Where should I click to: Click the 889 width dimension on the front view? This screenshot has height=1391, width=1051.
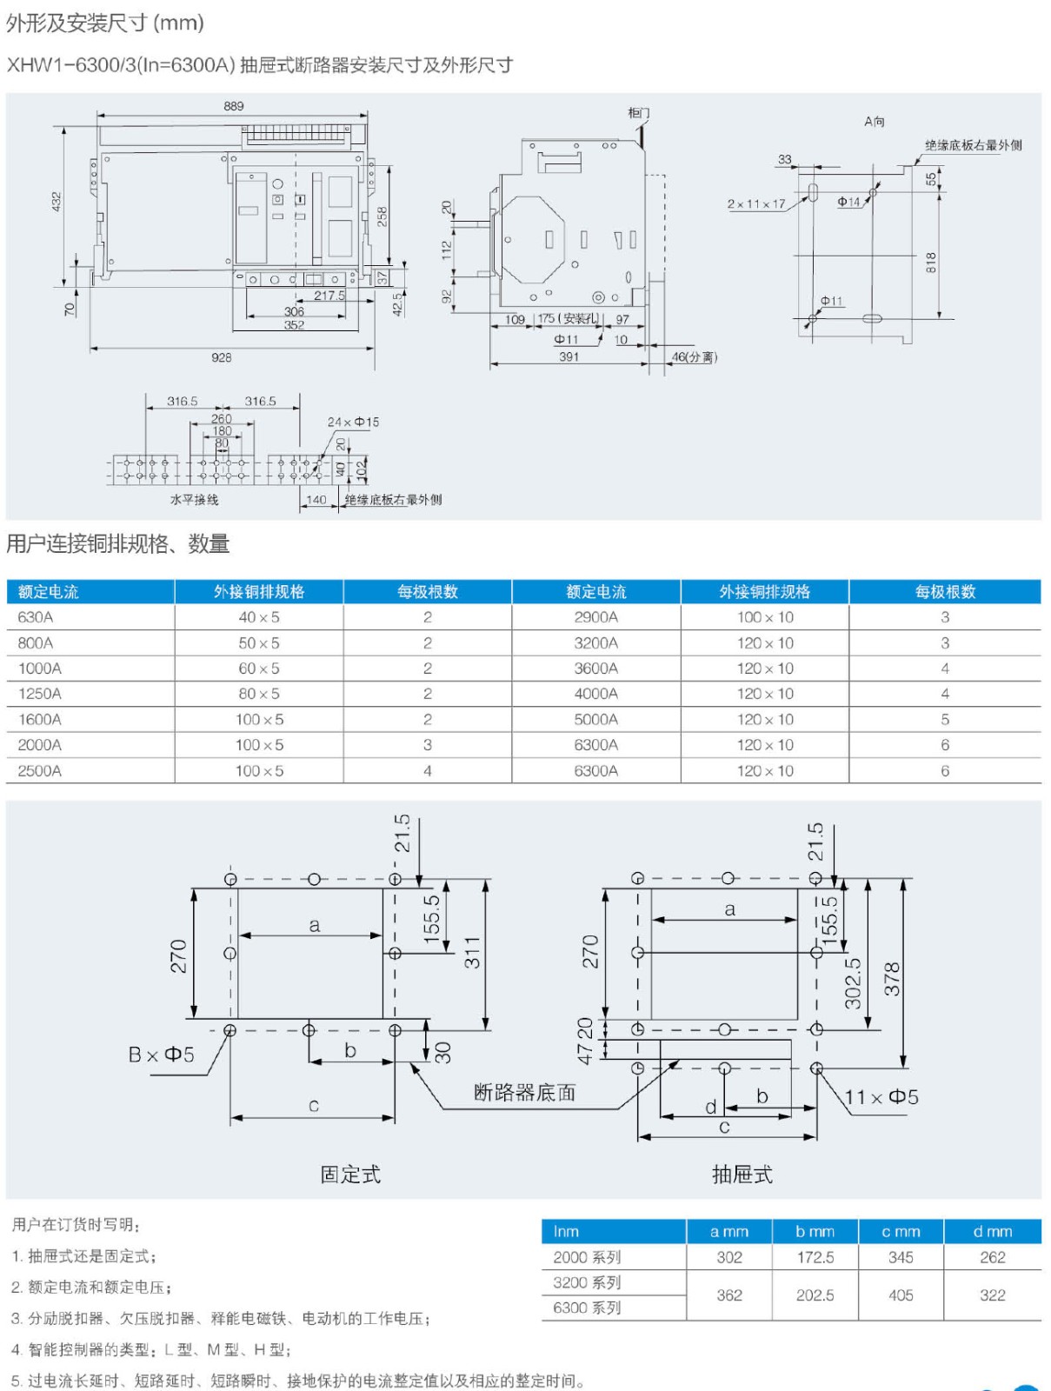click(x=234, y=106)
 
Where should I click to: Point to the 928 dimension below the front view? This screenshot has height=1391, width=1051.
click(x=222, y=357)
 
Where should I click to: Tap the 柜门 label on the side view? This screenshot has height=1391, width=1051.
click(x=638, y=113)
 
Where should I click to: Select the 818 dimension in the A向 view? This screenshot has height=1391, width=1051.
click(x=931, y=262)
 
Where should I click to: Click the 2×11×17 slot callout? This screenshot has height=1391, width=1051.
click(x=755, y=204)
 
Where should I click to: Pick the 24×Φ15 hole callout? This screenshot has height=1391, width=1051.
click(x=353, y=422)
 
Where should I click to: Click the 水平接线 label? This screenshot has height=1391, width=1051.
click(x=194, y=500)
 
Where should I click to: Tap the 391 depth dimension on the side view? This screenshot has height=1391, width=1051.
click(x=569, y=356)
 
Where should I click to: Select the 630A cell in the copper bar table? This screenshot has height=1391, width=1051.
click(x=36, y=617)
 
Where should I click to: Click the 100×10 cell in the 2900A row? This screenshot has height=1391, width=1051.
click(x=765, y=617)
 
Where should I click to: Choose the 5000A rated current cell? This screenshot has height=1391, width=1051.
click(x=595, y=720)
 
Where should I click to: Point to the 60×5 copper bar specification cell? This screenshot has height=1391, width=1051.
click(x=259, y=669)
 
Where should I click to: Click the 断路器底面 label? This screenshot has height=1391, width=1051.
click(x=524, y=1093)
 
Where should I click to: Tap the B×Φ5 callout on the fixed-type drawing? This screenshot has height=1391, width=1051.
click(x=161, y=1055)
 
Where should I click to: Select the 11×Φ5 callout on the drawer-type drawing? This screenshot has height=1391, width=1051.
click(x=881, y=1097)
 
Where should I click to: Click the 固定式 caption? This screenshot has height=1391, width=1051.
click(x=350, y=1175)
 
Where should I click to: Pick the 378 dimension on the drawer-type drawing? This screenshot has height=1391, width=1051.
click(x=892, y=979)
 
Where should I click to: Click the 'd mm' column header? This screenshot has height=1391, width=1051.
click(x=992, y=1231)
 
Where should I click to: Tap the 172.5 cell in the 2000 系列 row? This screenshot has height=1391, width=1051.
click(x=815, y=1257)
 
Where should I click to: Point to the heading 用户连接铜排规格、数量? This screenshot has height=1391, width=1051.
click(x=118, y=544)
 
